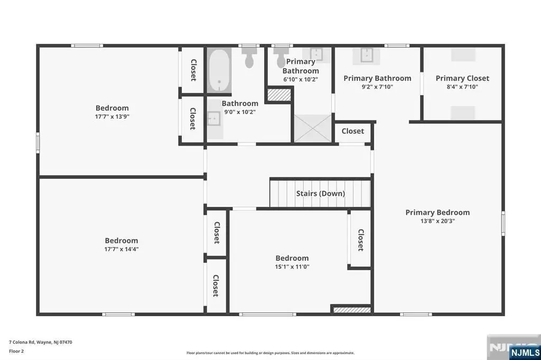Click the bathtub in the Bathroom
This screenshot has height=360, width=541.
219,70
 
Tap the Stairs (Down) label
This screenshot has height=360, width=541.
321,193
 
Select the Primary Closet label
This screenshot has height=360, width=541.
462,78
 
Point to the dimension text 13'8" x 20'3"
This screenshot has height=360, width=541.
437,221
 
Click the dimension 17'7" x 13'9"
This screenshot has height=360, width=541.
112,117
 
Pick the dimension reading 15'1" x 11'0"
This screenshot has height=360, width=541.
292,267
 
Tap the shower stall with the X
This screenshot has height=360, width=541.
313,128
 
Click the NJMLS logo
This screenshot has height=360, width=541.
525,353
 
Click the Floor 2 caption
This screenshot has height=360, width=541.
16,352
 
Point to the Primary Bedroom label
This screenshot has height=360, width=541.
437,212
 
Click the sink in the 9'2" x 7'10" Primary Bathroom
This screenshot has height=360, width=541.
366,55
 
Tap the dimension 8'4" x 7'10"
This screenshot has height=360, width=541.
462,87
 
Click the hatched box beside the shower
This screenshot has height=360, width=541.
279,95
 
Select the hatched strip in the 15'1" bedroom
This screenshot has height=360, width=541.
352,310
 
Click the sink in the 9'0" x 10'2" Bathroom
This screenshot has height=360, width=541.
214,119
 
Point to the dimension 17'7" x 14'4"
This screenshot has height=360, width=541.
122,249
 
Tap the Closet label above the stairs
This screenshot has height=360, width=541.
352,131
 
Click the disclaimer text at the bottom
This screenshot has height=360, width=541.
270,353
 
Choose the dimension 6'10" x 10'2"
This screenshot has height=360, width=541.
301,79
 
